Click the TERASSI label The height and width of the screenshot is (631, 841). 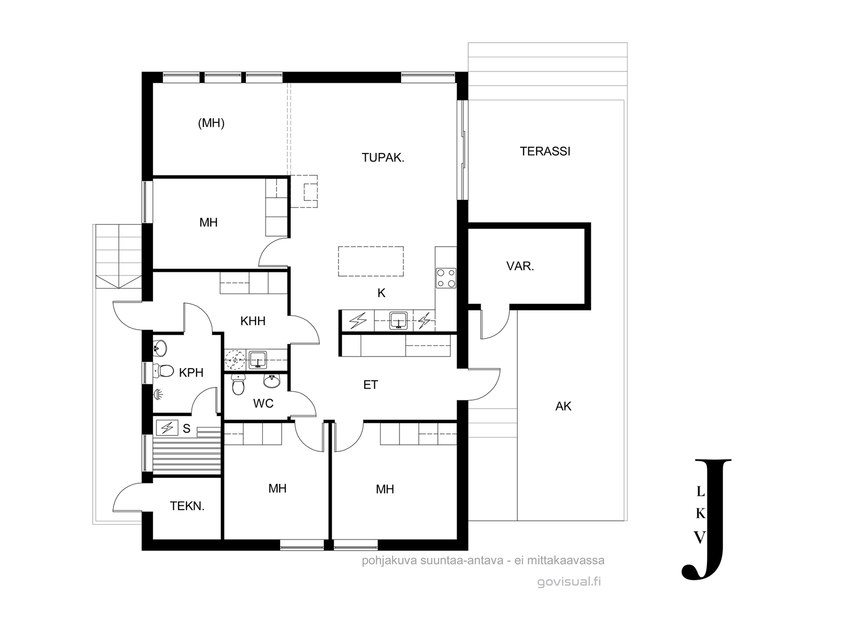tap(545, 151)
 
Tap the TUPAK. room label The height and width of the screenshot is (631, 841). tap(383, 157)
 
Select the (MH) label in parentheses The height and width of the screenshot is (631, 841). tap(211, 123)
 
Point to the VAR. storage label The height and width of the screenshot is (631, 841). tap(520, 266)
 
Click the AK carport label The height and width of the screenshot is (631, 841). tap(563, 406)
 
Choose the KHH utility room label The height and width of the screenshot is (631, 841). tap(253, 321)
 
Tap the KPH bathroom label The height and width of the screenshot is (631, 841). tap(191, 372)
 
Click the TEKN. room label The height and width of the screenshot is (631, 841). tap(187, 506)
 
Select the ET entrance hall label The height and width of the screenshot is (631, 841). tap(371, 385)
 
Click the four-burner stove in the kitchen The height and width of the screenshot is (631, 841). tap(446, 278)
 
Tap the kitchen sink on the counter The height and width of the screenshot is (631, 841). tap(398, 320)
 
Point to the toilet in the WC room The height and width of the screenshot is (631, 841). tap(238, 384)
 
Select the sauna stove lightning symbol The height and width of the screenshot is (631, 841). tap(167, 428)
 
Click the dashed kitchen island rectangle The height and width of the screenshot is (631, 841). tap(371, 261)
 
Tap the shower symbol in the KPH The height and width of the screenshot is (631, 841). tap(158, 394)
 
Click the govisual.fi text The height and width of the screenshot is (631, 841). tap(569, 582)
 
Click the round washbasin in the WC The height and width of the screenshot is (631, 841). tap(272, 381)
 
